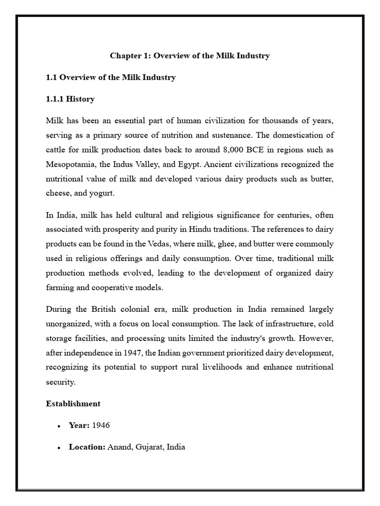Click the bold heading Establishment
73,404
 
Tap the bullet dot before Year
59,426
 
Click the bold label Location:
87,447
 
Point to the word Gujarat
148,447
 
